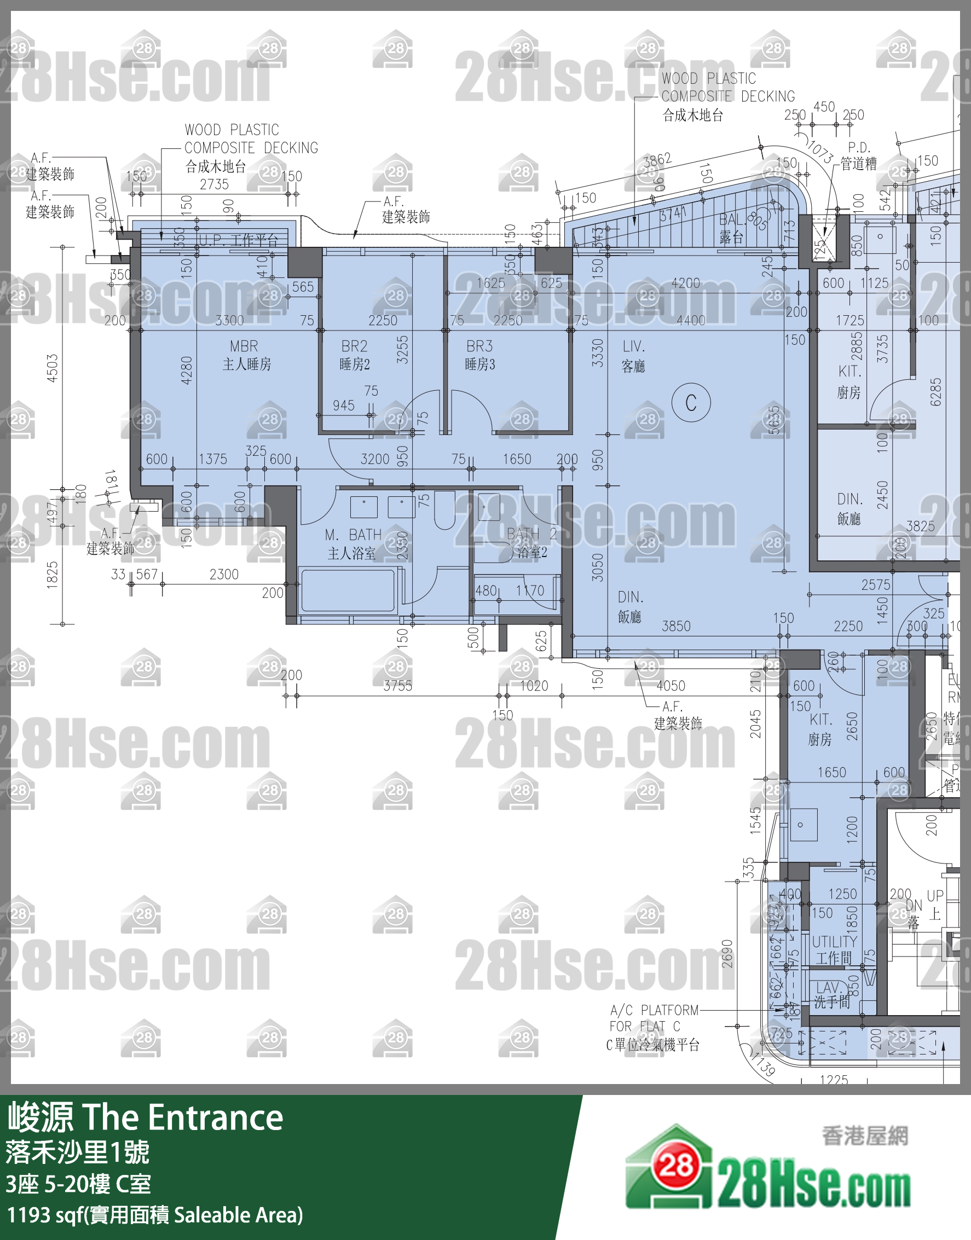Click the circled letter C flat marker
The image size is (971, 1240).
point(691,403)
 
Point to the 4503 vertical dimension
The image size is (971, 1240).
point(53,368)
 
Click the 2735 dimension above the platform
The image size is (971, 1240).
point(215,184)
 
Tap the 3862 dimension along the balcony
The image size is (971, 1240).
point(657,160)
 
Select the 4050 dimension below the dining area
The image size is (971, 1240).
point(671,686)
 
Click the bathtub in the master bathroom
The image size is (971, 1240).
point(348,591)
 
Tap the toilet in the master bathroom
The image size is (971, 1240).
point(444,508)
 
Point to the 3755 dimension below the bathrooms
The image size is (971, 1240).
point(397,686)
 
